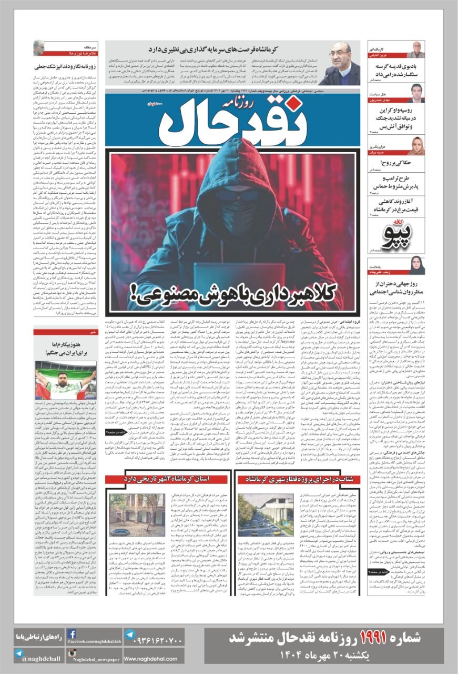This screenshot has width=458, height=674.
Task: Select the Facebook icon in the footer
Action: click(x=72, y=634)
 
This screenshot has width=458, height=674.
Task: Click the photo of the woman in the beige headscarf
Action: click(x=415, y=146)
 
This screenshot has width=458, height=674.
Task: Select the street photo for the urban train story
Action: click(x=258, y=514)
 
